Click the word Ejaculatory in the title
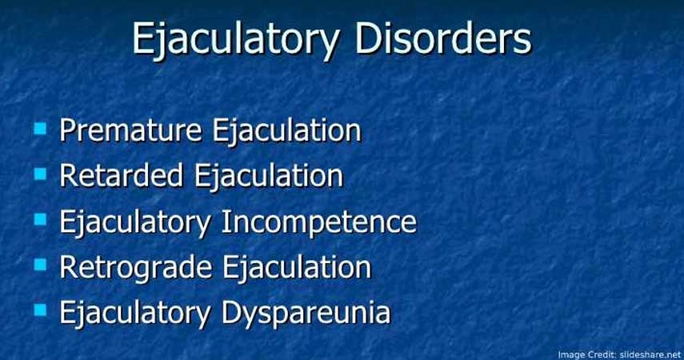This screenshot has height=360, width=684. coord(235,40)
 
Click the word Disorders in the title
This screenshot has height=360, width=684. coord(442,37)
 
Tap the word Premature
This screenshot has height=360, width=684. coord(130,130)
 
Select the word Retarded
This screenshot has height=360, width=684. coord(121,175)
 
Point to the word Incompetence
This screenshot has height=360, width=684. coord(319,222)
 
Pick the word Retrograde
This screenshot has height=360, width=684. coord(136,267)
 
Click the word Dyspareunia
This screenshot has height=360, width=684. coord(306,313)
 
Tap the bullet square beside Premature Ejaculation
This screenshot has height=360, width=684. coord(40,129)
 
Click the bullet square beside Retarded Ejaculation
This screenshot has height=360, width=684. coord(40,174)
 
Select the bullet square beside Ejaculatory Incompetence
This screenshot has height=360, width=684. coord(40,219)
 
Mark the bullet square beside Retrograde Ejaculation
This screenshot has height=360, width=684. coord(40,265)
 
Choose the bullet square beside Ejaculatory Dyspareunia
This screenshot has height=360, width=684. coord(40,310)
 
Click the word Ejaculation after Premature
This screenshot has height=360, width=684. coord(287,131)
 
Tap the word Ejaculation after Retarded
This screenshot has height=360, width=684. coord(268,176)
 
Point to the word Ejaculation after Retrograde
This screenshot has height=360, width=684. coord(297,267)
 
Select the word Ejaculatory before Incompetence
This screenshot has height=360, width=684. coord(135,223)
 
